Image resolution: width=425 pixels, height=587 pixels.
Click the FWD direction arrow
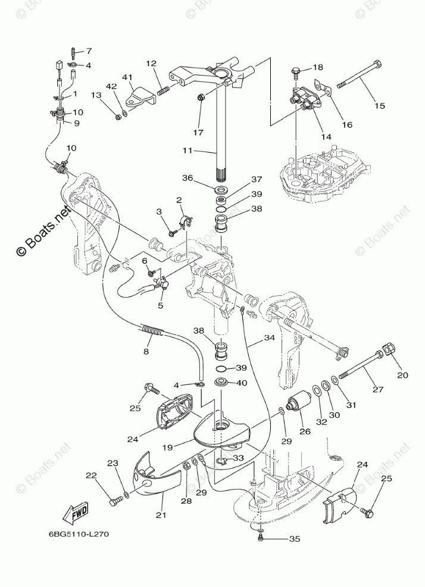(x=78, y=513)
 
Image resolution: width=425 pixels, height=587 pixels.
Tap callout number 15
(x=379, y=106)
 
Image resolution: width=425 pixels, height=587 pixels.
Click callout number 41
(x=127, y=77)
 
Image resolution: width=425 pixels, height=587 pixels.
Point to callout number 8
(x=146, y=351)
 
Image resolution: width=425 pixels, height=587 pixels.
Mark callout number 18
(x=317, y=67)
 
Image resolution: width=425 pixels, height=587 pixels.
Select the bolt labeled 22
(x=115, y=503)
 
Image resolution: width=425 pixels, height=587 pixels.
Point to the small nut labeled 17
(x=201, y=97)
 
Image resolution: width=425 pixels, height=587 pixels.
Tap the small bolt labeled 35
(x=261, y=537)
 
